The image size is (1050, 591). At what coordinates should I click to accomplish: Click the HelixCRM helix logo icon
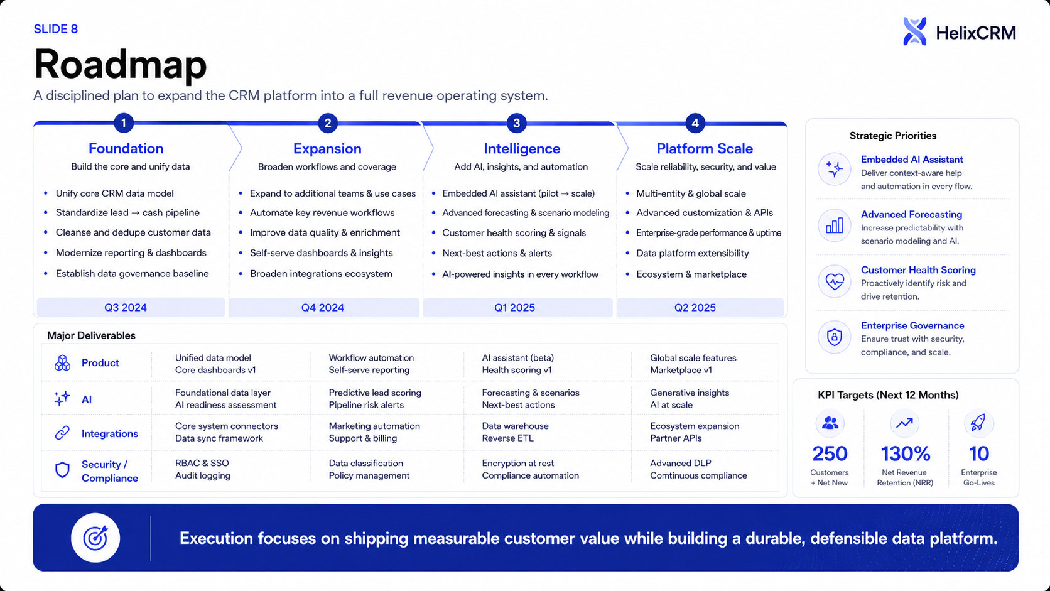tap(914, 31)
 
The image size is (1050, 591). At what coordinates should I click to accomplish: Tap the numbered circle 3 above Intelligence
tap(517, 123)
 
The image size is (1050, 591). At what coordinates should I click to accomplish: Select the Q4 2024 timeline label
tap(323, 308)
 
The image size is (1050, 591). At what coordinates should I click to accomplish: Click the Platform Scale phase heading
tap(705, 149)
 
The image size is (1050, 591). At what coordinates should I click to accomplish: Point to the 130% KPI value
tap(906, 453)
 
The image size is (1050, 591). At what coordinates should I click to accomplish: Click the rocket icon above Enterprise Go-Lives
tap(978, 423)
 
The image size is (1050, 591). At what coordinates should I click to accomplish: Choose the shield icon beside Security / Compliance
tap(62, 470)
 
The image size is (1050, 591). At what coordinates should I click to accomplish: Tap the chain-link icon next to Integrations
tap(62, 433)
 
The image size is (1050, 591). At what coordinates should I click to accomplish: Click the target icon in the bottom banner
tap(95, 538)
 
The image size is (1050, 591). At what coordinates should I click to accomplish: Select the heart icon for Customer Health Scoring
tap(835, 281)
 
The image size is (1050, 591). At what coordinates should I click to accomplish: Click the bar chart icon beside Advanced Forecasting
tap(835, 226)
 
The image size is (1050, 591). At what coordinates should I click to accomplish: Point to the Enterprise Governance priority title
tap(912, 325)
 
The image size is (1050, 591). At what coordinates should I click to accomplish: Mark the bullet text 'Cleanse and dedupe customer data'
tap(133, 232)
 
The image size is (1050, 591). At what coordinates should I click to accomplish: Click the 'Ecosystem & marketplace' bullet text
tap(691, 274)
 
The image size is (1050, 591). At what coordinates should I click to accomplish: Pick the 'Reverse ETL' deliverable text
tap(507, 438)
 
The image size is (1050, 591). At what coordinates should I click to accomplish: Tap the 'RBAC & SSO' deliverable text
tap(202, 463)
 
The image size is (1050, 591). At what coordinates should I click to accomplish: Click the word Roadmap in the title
tap(121, 64)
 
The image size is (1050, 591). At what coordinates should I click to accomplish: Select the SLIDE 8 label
tap(56, 29)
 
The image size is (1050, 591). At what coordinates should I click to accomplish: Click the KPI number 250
tap(830, 453)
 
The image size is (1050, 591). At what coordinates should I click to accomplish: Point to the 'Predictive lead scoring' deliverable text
tap(375, 393)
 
